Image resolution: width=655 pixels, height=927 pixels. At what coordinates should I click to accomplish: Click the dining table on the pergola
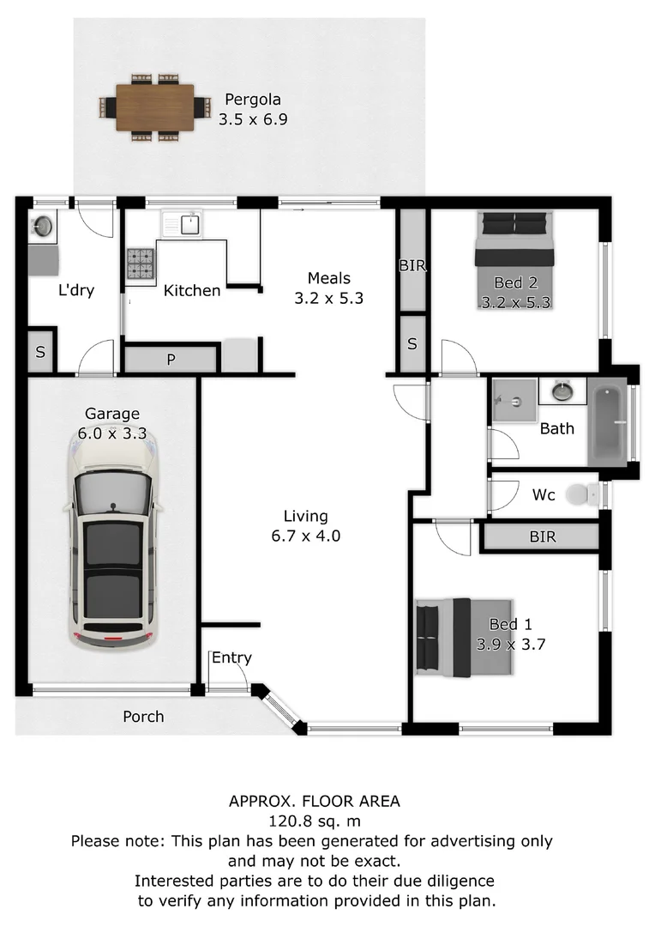coord(155,106)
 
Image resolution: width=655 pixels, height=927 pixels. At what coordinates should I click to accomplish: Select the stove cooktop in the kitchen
coord(141,264)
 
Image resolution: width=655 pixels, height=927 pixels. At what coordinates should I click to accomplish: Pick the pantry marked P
coord(171,359)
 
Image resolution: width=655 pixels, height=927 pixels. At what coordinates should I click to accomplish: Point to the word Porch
coord(143,716)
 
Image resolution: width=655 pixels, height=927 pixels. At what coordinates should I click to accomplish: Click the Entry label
coord(231,658)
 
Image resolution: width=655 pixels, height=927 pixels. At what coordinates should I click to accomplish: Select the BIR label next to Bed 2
coord(412,266)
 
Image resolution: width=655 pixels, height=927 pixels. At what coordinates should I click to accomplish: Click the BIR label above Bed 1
coord(542,537)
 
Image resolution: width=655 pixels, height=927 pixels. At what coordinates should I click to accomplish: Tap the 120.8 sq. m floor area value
coord(313,821)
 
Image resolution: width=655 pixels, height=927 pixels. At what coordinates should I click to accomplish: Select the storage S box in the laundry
coord(40,353)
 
